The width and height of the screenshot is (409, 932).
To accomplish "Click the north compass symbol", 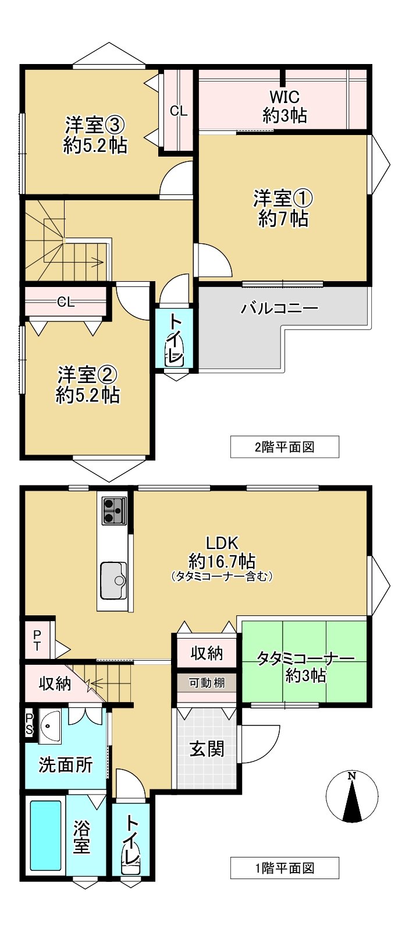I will pos(351,796).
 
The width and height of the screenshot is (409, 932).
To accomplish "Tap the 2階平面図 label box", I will pos(284,447).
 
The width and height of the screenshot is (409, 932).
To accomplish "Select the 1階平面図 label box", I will pos(284,868).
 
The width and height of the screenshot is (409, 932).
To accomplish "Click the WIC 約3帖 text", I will pos(284,106).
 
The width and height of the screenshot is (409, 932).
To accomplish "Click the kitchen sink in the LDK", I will pos(114,580).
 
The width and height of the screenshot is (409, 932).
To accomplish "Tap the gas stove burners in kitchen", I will pos(113,511).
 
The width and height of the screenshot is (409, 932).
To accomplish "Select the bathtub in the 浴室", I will pos(45,835).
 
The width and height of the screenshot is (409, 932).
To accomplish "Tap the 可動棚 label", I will pos(207,682).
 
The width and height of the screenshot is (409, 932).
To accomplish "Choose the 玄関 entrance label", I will pos(207,748).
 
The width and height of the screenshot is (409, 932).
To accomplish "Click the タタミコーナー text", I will pos(305,659).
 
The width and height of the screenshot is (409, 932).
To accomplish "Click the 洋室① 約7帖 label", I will pos(283,208).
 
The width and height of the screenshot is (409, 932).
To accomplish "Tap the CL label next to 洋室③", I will pos(179,111).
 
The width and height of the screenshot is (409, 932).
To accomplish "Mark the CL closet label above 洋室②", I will pos(66,302).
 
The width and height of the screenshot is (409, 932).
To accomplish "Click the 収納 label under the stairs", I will pos(55,683).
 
